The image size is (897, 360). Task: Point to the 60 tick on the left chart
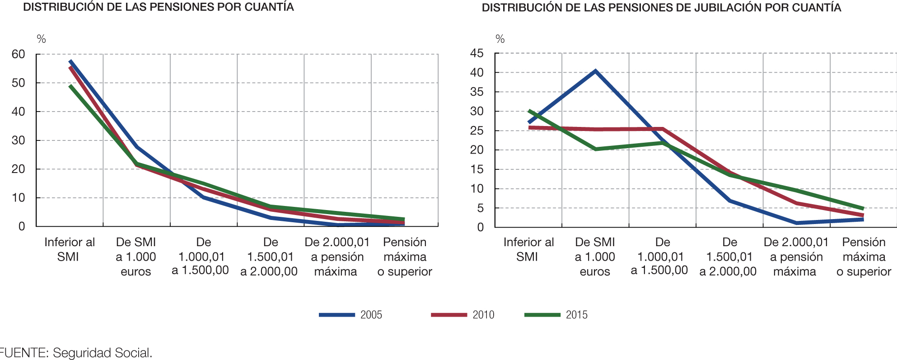[x=19, y=54]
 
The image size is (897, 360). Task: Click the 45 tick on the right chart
[x=477, y=53]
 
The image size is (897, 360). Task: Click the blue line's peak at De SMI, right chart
[x=595, y=71]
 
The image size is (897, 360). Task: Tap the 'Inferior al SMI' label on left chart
[x=69, y=249]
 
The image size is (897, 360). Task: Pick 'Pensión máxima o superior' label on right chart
[x=864, y=257]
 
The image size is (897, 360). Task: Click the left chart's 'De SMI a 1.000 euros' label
[x=136, y=257]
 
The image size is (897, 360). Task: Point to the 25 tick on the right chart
[x=477, y=131]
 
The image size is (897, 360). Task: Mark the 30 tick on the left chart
[x=19, y=140]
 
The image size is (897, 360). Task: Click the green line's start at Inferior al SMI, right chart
[x=529, y=111]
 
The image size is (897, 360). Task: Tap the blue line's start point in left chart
[x=70, y=61]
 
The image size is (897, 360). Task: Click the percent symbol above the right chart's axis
[x=500, y=39]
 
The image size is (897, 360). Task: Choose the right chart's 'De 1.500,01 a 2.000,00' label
[x=728, y=257]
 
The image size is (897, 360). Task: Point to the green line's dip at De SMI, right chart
[x=595, y=149]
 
